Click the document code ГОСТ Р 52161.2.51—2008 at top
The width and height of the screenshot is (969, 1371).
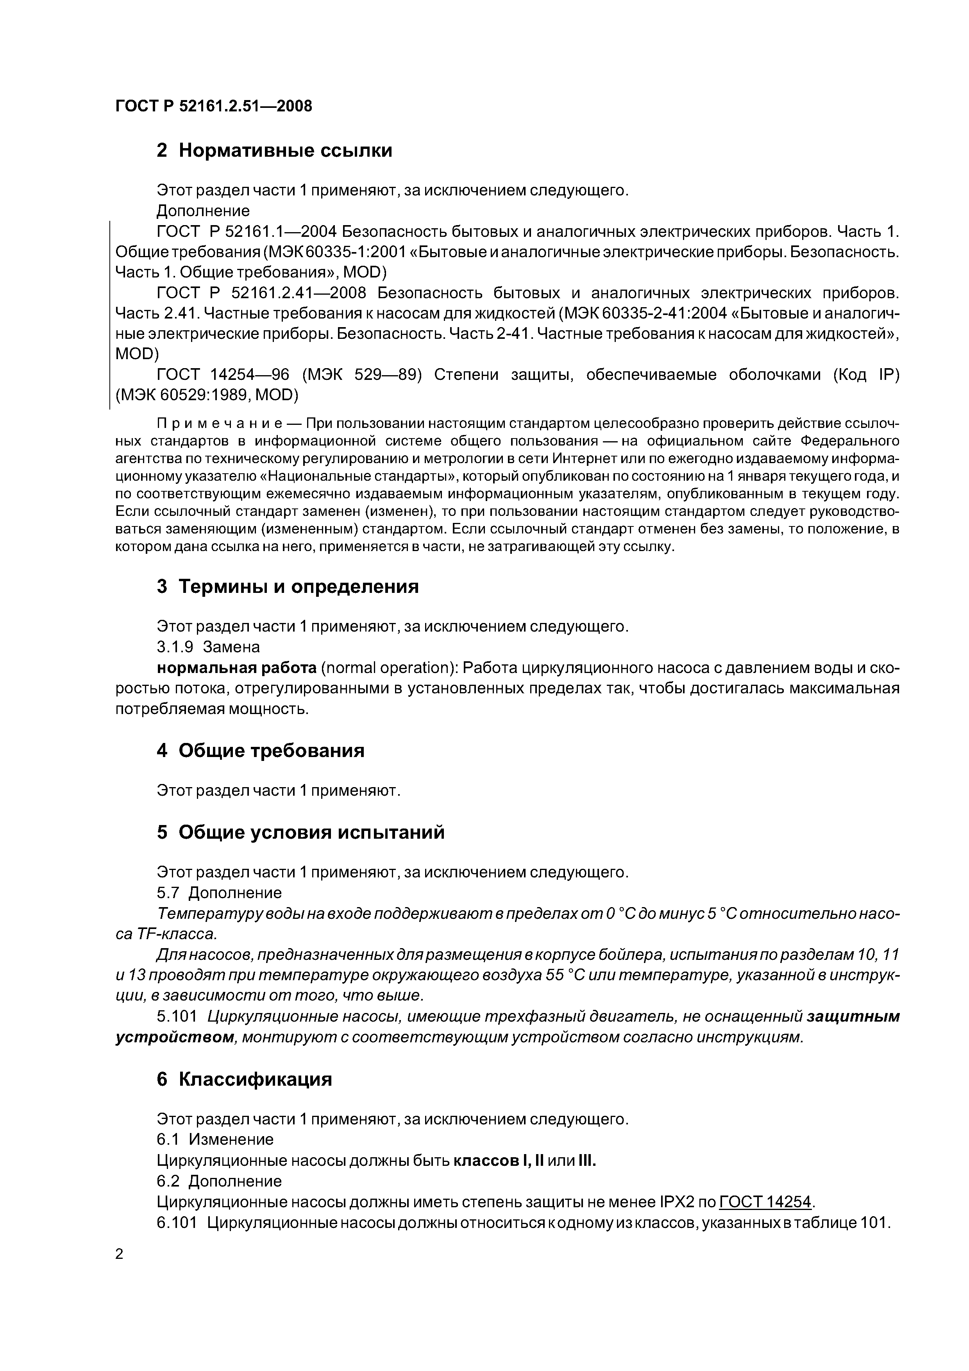(213, 106)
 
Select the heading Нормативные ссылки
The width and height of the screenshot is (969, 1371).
(285, 150)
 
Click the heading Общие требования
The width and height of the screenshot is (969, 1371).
(271, 750)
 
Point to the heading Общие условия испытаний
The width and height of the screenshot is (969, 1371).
(311, 832)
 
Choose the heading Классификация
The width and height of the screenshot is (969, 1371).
(255, 1079)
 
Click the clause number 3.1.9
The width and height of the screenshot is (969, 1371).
(175, 647)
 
